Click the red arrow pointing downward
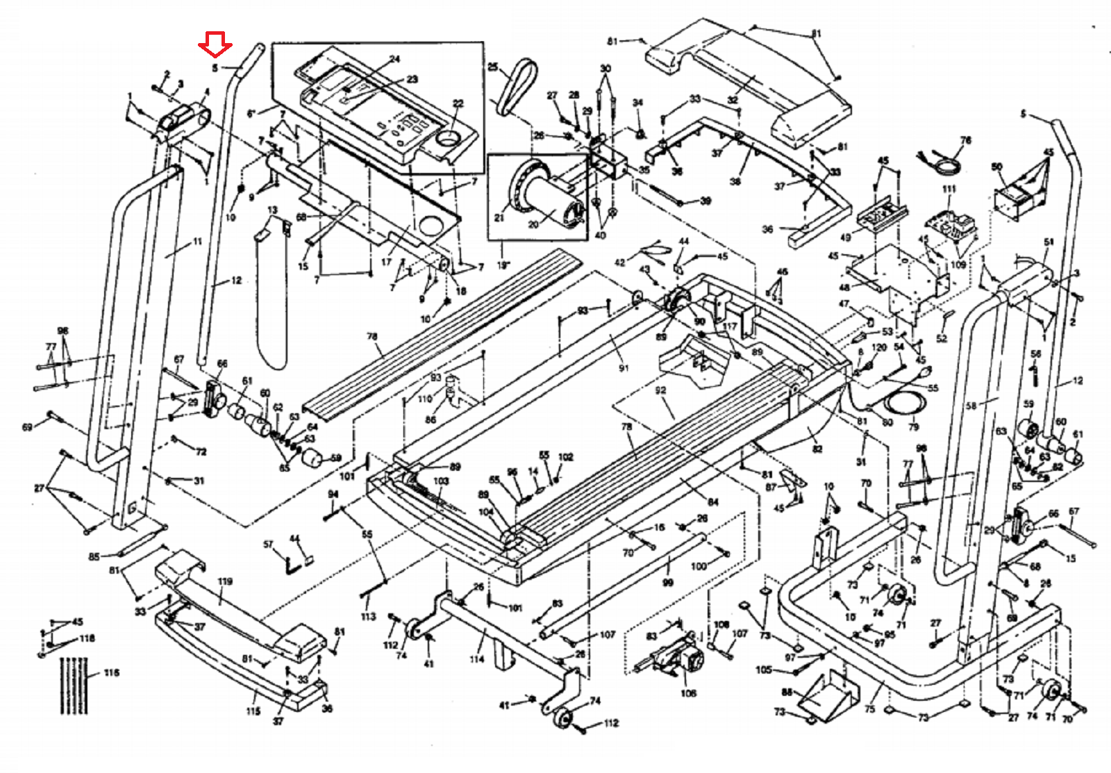(215, 45)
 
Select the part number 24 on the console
(394, 60)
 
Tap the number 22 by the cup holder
(458, 104)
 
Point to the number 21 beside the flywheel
(499, 218)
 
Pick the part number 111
(949, 189)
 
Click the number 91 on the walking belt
(623, 367)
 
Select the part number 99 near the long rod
(667, 582)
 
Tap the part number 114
(476, 658)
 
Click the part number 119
(225, 581)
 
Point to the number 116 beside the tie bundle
(111, 672)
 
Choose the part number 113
(368, 616)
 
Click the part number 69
(27, 427)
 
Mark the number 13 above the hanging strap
(272, 210)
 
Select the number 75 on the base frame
(870, 708)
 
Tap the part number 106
(688, 692)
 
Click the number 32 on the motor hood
(732, 100)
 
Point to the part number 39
(705, 201)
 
